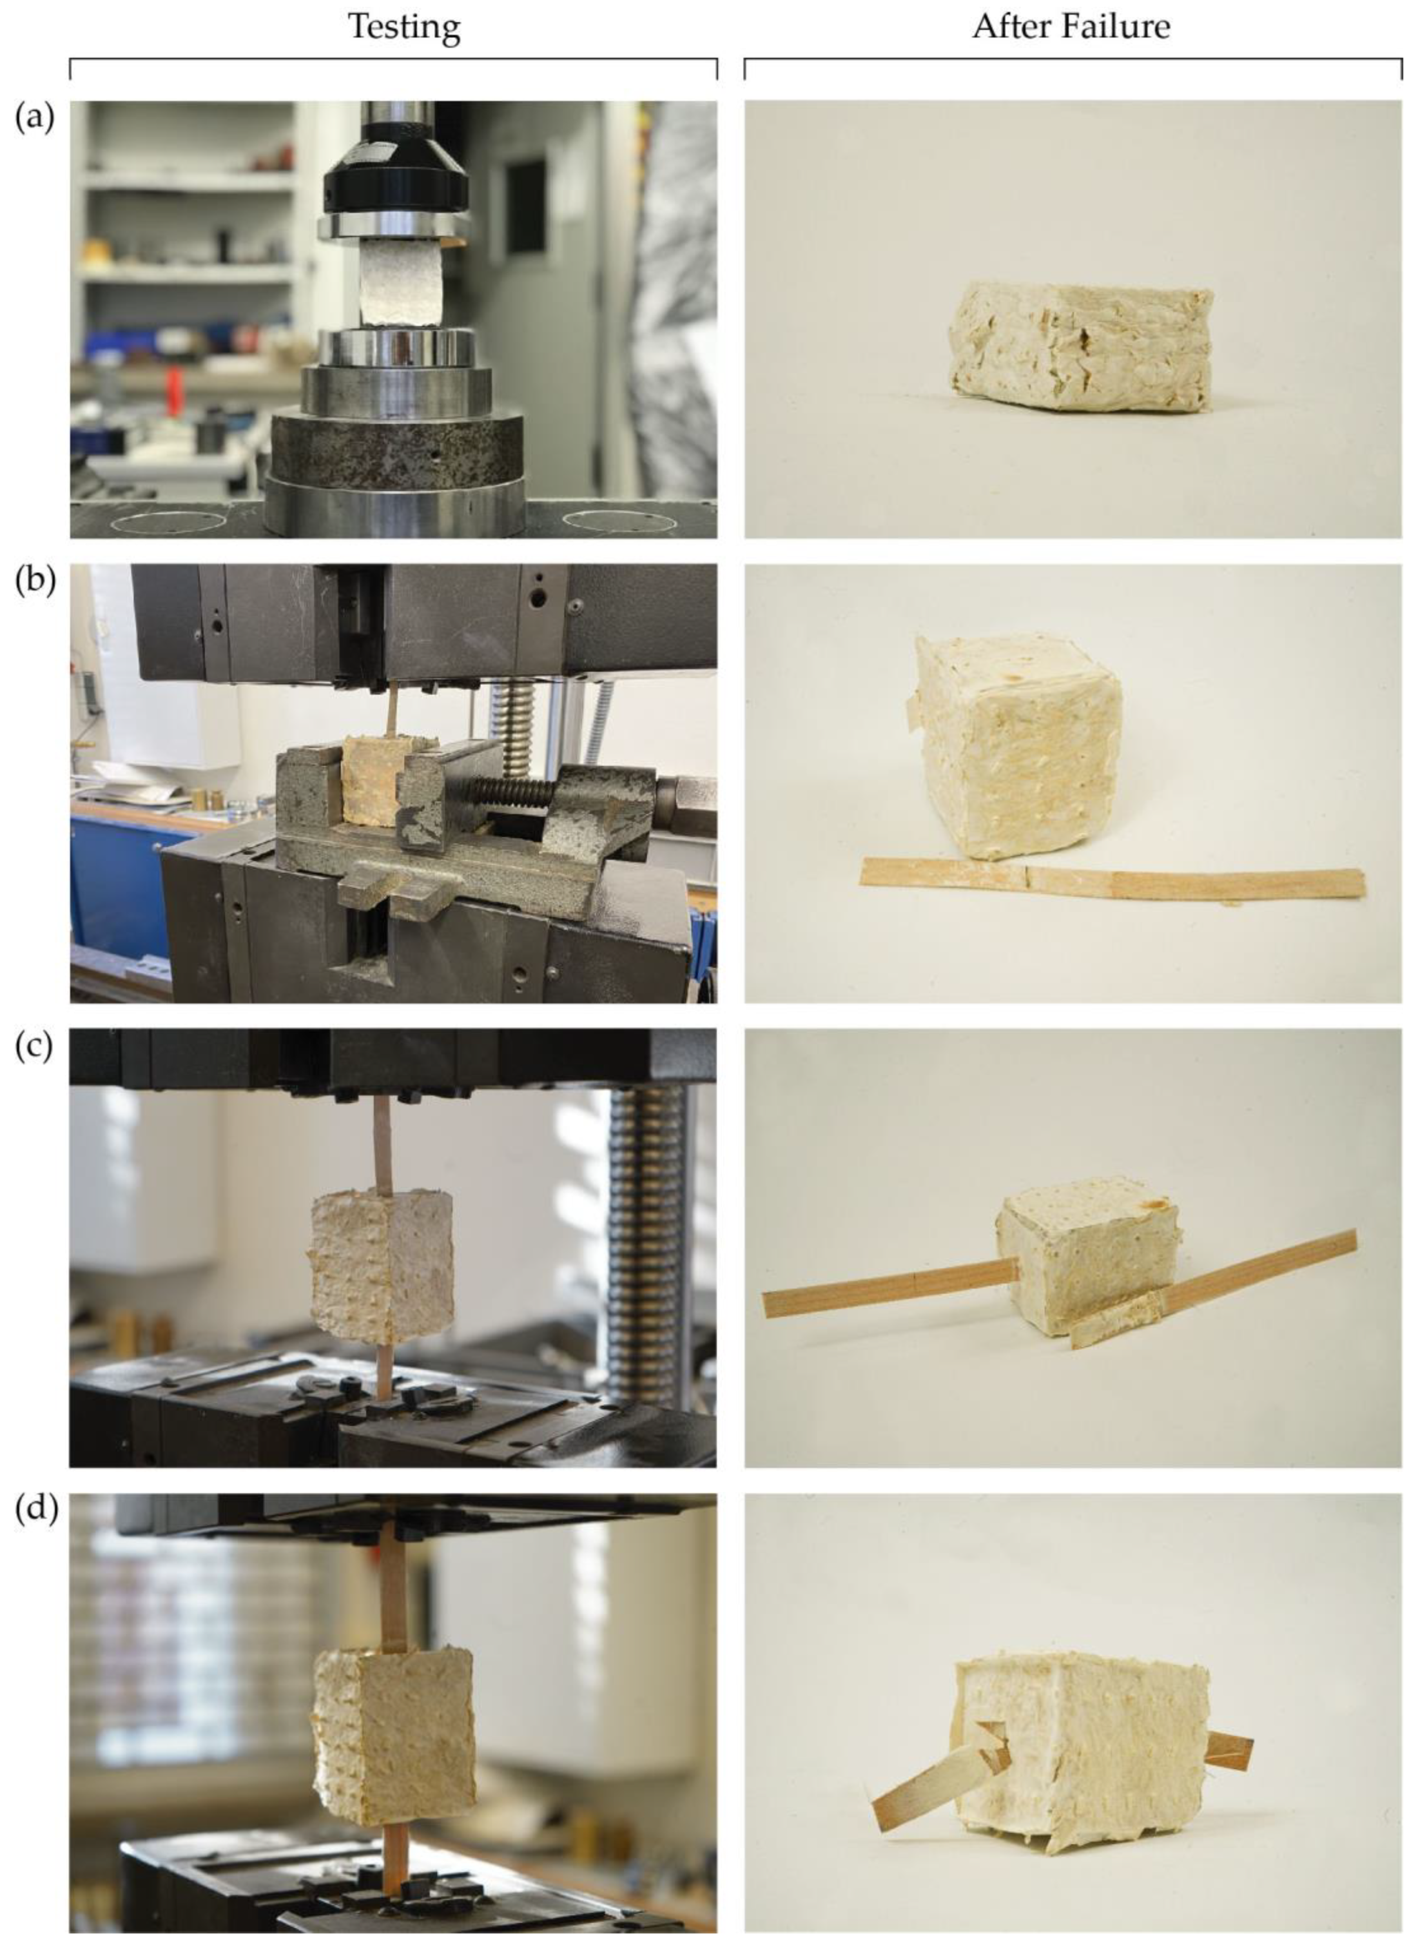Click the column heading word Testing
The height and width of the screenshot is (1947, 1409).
pyautogui.click(x=403, y=28)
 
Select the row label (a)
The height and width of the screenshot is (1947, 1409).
pyautogui.click(x=34, y=118)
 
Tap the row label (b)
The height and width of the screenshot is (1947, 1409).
pyautogui.click(x=34, y=581)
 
